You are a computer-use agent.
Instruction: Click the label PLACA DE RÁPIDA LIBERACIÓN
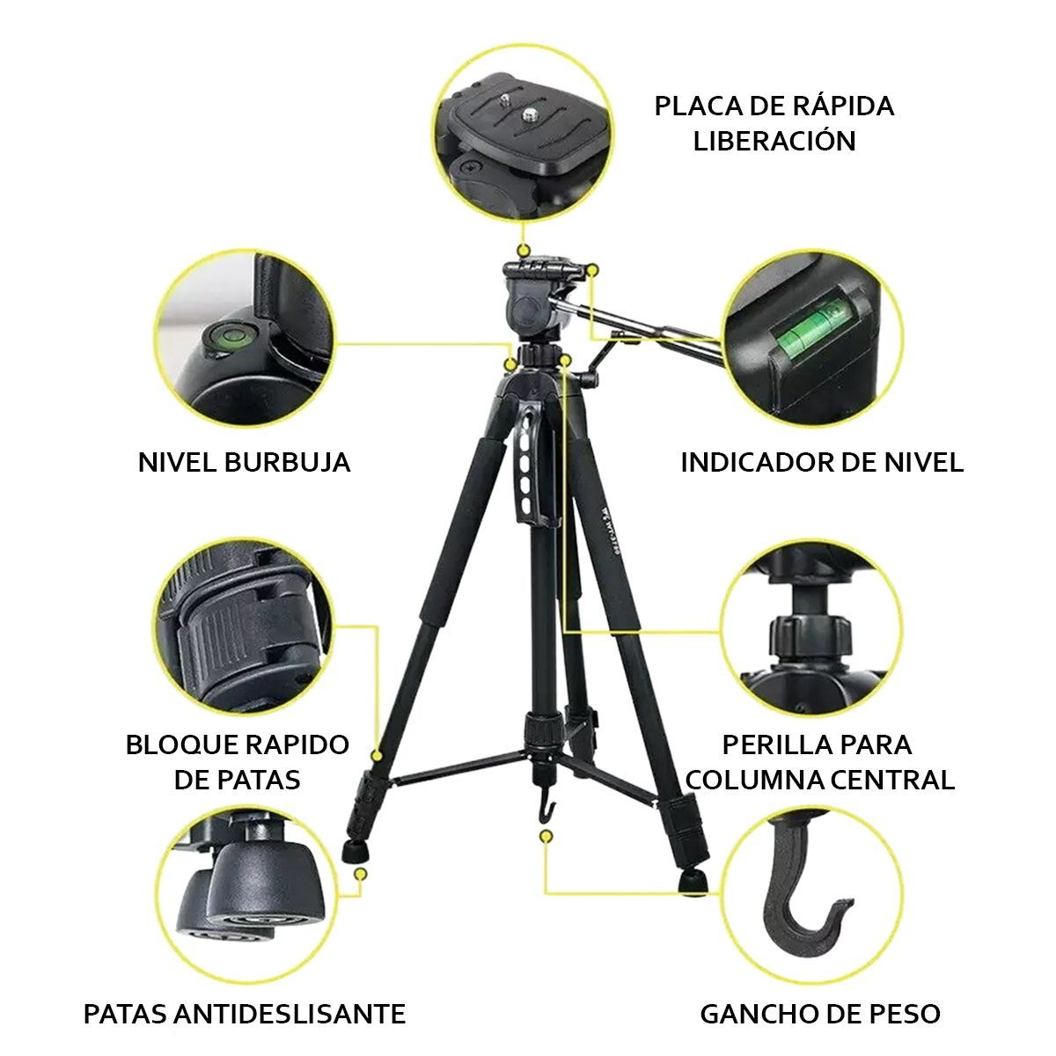(x=774, y=123)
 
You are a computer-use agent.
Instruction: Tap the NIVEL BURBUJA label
(x=244, y=462)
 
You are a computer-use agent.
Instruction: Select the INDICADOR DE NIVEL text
(x=822, y=462)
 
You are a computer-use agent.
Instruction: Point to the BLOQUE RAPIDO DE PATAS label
(x=238, y=761)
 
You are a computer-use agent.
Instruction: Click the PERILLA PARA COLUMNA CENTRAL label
(x=819, y=761)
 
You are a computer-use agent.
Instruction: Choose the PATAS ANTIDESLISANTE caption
(x=245, y=1013)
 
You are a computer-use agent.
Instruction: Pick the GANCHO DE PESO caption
(x=820, y=1013)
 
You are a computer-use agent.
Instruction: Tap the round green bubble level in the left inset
(x=225, y=336)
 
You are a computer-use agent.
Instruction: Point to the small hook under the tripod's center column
(x=546, y=803)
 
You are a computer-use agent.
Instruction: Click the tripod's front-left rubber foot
(x=354, y=851)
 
